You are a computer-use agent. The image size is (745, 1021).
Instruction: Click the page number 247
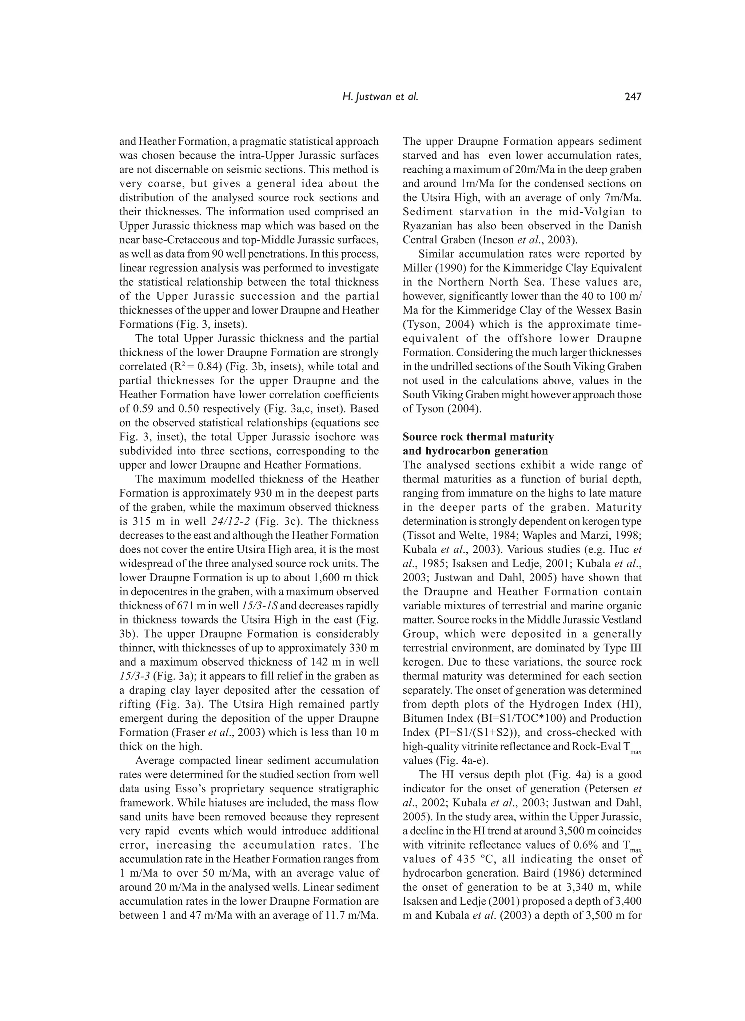click(x=632, y=96)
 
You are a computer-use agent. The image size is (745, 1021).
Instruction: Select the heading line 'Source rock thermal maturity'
click(x=478, y=436)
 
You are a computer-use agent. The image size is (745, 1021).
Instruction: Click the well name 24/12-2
click(x=232, y=521)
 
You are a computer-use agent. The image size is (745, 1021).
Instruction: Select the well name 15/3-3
click(x=134, y=676)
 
